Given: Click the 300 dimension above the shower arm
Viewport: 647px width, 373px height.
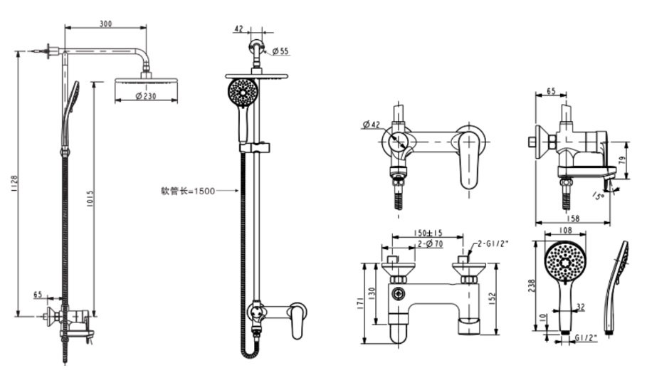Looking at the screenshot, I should (x=105, y=23).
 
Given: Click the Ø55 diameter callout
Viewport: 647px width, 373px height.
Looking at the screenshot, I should (x=280, y=51).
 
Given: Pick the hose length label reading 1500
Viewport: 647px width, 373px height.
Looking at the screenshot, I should (x=186, y=190).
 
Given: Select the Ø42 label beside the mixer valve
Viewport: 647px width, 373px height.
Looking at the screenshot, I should (x=371, y=125).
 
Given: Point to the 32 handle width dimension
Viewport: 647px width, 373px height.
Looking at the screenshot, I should (x=580, y=308).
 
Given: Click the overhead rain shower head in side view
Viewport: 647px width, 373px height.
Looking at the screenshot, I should (x=145, y=83).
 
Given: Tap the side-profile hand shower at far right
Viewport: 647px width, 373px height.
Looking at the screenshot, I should (x=616, y=285).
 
